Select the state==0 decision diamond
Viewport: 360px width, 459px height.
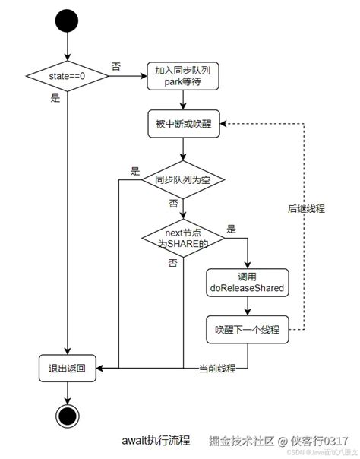tap(68, 76)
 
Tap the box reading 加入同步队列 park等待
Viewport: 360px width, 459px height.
tap(183, 76)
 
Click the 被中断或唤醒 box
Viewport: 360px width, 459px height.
tap(183, 122)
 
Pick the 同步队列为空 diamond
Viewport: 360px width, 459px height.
tap(183, 180)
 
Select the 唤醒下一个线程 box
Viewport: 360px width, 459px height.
tap(248, 330)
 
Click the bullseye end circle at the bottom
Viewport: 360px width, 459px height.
tap(68, 416)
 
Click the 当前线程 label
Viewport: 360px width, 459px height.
tap(217, 369)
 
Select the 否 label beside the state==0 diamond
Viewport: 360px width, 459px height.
tap(115, 67)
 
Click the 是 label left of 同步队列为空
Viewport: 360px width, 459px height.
tap(135, 171)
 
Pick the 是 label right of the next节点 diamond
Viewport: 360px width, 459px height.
tap(231, 228)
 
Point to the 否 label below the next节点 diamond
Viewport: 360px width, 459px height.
tap(172, 262)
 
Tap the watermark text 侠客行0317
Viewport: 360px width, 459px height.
tap(321, 441)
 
